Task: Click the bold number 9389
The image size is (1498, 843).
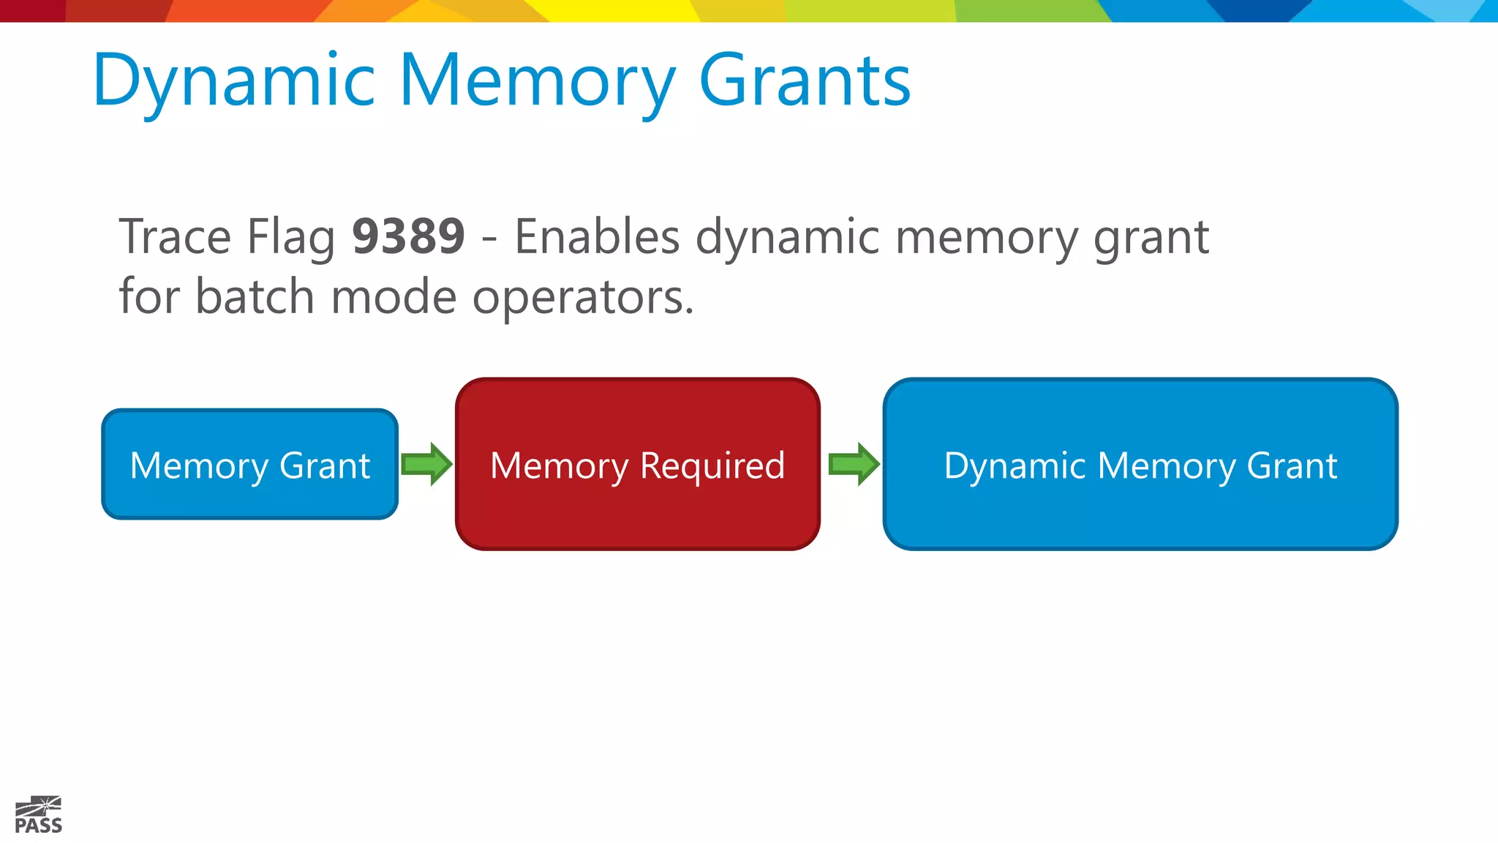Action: (408, 236)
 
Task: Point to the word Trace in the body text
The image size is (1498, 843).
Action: (175, 236)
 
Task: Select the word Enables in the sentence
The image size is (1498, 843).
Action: (597, 236)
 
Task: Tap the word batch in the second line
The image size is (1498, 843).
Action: (255, 296)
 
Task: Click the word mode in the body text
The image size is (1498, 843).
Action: (393, 296)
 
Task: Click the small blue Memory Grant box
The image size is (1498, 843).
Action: (249, 464)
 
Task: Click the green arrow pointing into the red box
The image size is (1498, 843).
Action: (427, 464)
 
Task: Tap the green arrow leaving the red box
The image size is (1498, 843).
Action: (854, 464)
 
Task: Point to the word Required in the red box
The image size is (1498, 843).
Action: (712, 467)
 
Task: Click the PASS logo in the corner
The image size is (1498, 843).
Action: (39, 815)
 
